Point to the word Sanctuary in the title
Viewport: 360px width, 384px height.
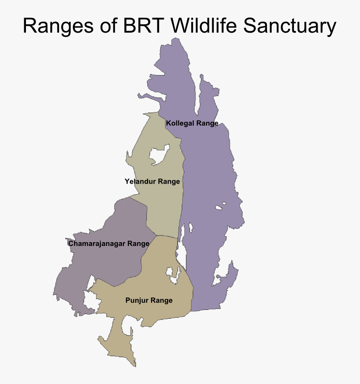(x=289, y=26)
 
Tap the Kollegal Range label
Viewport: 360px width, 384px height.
(x=192, y=123)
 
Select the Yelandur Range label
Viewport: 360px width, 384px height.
(x=152, y=182)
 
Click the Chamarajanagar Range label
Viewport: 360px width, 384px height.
(x=109, y=243)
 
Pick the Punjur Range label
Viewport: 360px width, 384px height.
(x=149, y=300)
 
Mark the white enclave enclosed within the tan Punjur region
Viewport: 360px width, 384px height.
(x=172, y=274)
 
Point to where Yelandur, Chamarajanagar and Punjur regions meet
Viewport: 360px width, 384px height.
(x=157, y=236)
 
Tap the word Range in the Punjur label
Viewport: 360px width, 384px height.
(x=162, y=300)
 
